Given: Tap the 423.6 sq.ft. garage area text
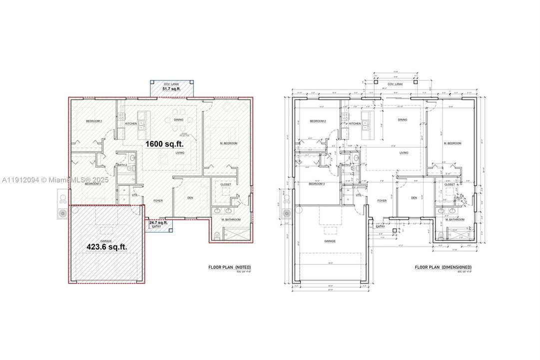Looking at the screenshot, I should point(107,246).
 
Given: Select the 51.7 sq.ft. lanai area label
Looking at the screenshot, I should point(171,89).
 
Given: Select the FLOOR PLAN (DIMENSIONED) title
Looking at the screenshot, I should point(443,267).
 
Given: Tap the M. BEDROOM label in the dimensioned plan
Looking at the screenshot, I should point(452,143).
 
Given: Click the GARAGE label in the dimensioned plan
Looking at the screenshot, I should point(329,241).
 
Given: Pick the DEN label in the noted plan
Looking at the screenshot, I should point(190,197).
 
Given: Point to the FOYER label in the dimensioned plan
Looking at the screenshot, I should point(382,200).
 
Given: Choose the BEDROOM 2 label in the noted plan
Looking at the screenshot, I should point(93,121).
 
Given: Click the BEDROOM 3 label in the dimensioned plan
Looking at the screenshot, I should point(317,184).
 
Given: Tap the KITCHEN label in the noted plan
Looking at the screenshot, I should point(131,123).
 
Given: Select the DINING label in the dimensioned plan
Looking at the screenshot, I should point(403,120).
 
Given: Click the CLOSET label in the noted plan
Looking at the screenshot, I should point(226,184).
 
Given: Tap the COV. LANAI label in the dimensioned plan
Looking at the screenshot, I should point(396,84).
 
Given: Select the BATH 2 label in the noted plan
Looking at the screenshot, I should point(121,165).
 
